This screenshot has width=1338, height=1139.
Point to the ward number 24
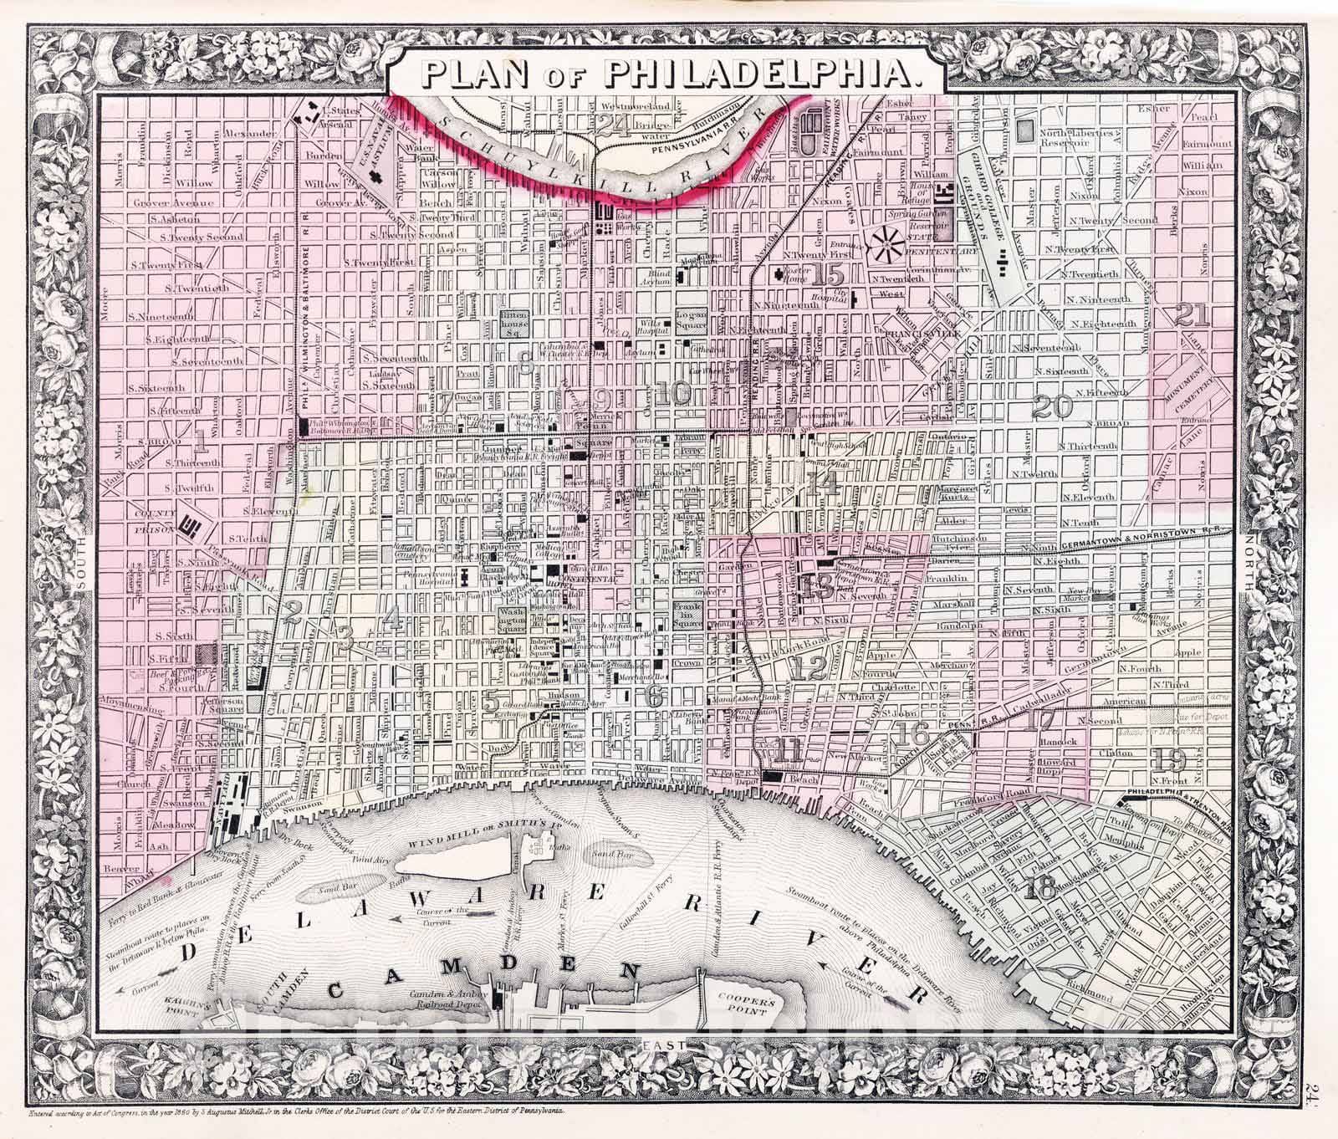pyautogui.click(x=616, y=125)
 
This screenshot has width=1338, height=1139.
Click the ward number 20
pyautogui.click(x=1052, y=407)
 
